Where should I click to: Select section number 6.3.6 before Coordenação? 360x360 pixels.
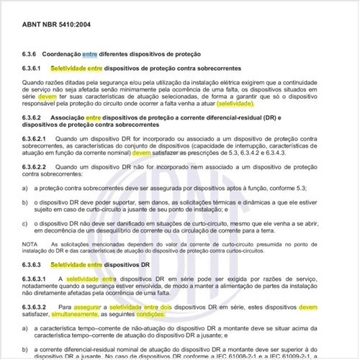31,55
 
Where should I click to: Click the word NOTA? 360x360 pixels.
30,245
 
